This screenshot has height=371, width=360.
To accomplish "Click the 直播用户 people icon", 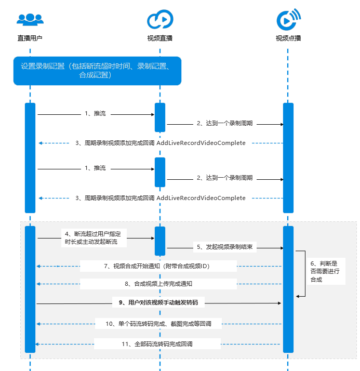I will click(x=30, y=19).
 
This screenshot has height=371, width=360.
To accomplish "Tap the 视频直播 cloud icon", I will click(x=159, y=19).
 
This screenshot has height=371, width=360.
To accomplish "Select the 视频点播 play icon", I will click(x=288, y=19).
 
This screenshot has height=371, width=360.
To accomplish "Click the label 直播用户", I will click(x=30, y=38).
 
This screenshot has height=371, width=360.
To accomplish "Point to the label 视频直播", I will click(x=159, y=38).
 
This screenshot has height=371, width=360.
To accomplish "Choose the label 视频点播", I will click(x=288, y=38).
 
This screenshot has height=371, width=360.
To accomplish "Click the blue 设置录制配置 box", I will click(x=97, y=71).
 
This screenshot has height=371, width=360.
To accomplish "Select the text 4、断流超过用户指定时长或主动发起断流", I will click(x=96, y=238).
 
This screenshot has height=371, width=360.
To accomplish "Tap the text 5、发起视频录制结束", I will click(x=224, y=247).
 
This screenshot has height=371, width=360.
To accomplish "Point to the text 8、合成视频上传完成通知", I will click(x=158, y=284).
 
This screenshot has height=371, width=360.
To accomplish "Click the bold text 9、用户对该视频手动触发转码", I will click(x=158, y=302).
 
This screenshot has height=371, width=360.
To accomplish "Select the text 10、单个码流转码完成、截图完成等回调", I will click(x=159, y=324).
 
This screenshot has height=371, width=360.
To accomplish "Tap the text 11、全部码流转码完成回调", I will click(x=157, y=343).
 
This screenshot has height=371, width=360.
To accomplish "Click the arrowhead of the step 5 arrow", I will click(x=281, y=248).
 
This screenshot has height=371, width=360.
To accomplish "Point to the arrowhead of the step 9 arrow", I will click(x=281, y=302).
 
